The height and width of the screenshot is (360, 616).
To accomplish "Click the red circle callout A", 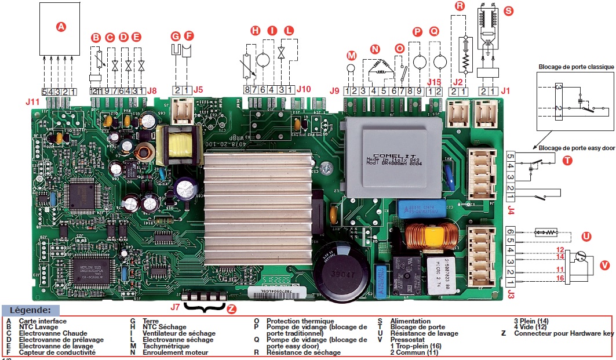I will tap(60, 26).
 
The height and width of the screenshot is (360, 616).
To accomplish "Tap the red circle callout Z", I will tap(232, 309).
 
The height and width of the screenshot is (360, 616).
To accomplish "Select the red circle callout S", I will tap(509, 10).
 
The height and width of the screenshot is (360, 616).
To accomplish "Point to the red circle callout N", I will tap(376, 50).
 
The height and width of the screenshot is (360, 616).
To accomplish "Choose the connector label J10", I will tap(303, 90).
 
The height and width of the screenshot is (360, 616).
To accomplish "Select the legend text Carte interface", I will tap(42, 321).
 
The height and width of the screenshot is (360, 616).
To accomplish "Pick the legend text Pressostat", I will tap(409, 340).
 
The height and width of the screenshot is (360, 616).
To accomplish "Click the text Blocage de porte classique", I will tap(575, 67).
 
